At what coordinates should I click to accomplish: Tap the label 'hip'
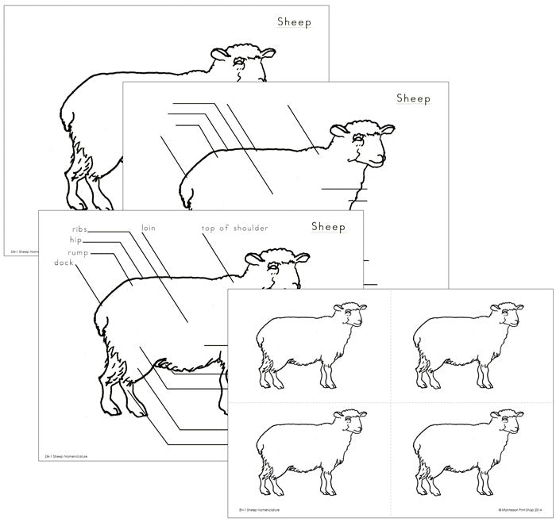click(x=75, y=240)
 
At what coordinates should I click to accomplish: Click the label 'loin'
click(x=148, y=228)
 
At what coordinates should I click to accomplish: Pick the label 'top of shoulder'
click(x=234, y=228)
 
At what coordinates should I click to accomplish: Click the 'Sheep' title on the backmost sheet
click(x=294, y=22)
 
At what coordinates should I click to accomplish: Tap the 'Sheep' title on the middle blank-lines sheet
click(x=413, y=99)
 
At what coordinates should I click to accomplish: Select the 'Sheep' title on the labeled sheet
click(x=328, y=227)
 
